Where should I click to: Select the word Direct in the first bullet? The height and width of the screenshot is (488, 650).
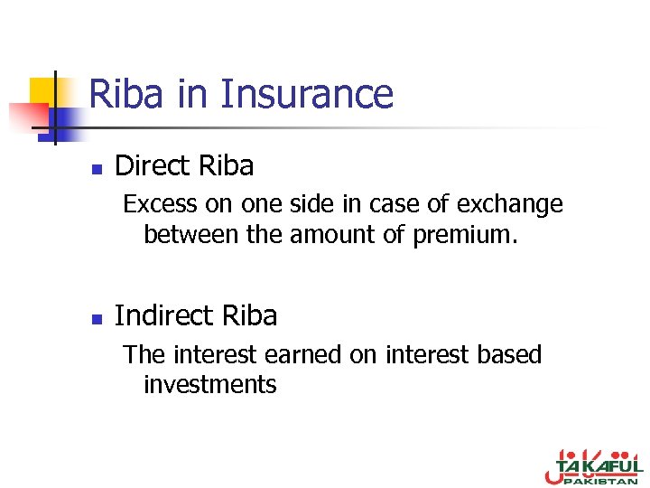pos(153,165)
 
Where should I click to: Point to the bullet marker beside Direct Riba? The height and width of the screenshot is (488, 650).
pos(97,168)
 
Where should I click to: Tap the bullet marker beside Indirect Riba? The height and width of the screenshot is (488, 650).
pos(97,318)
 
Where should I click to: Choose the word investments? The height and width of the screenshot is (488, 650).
pos(210,385)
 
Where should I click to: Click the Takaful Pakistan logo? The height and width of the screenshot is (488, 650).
pos(590,466)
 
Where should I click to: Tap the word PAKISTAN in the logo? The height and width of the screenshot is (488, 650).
pos(603,480)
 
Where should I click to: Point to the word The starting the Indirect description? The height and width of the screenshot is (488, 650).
pos(141,354)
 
